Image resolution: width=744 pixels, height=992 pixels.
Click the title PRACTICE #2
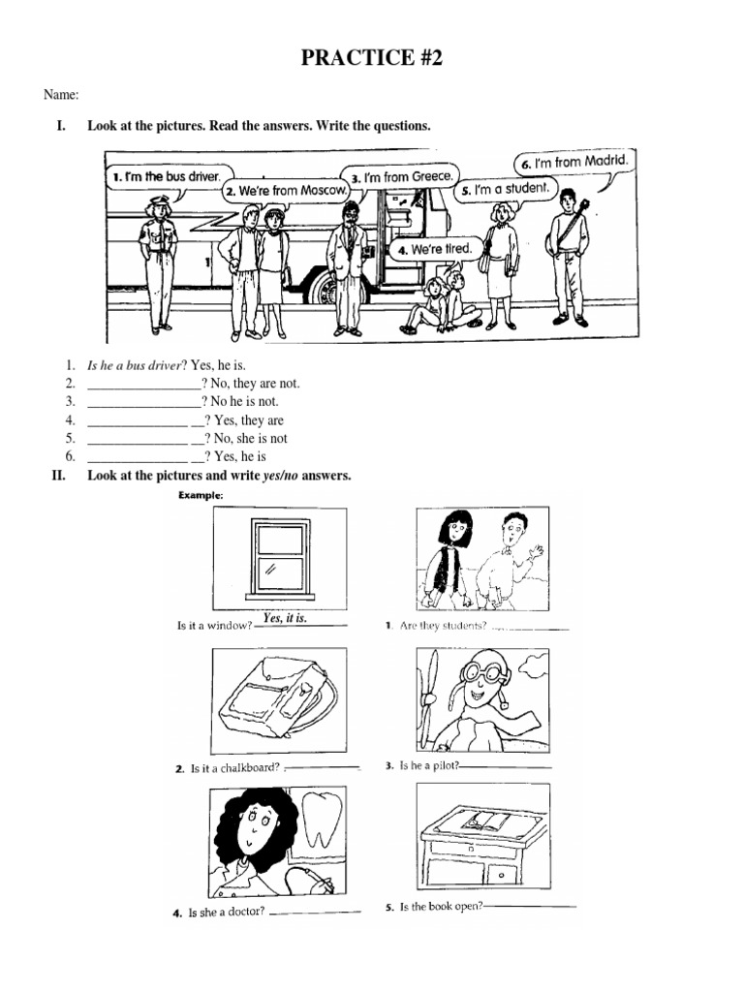pos(371,58)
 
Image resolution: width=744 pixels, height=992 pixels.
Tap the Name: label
pos(60,95)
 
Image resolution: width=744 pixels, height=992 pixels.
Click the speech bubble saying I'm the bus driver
pos(166,177)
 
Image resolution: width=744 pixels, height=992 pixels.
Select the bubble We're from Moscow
pos(286,190)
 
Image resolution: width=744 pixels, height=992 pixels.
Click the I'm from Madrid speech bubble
pos(573,162)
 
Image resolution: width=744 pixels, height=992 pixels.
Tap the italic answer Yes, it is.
pos(285,618)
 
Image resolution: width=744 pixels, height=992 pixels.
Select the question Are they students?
pos(442,626)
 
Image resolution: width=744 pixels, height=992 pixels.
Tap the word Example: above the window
pos(201,495)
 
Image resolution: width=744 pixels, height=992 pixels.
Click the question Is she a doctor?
pos(226,913)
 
